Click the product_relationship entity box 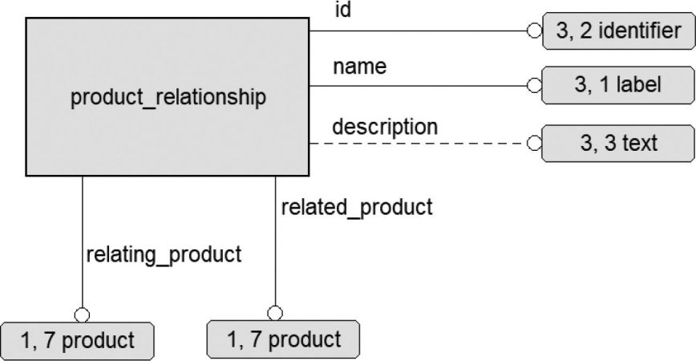[168, 97]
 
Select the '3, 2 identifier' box [619, 30]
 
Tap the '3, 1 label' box [618, 85]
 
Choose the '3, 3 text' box [618, 144]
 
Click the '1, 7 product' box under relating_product [77, 341]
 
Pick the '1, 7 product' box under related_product [283, 339]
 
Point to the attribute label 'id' [342, 10]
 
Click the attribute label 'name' [359, 67]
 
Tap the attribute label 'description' [385, 128]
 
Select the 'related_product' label [357, 207]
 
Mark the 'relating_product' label [164, 255]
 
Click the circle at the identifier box [534, 30]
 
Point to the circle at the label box [534, 85]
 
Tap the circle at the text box [534, 144]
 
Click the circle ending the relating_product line [82, 315]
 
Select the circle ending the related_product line [275, 313]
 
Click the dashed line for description [418, 144]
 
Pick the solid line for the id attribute [418, 30]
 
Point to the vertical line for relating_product [82, 242]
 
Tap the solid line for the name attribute [418, 86]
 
